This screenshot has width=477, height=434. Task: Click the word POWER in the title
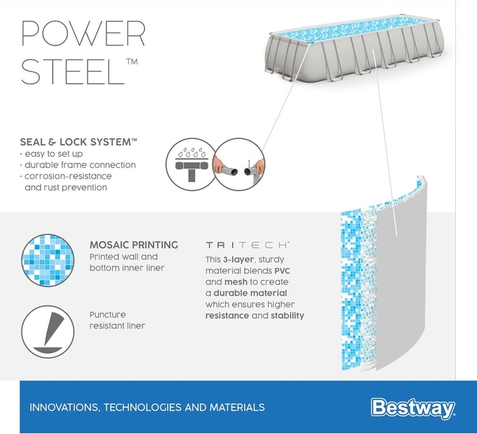coord(83,34)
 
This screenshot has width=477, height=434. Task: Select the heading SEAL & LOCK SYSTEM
coord(79,142)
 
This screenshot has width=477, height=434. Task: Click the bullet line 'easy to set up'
coord(52,154)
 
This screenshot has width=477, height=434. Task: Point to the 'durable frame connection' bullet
coord(80,165)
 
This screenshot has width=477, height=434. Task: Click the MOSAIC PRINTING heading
coord(134,245)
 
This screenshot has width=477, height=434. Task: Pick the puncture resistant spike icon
coord(49,331)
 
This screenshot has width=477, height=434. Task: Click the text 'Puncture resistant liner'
coord(117,320)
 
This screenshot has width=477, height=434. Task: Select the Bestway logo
coord(413,407)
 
